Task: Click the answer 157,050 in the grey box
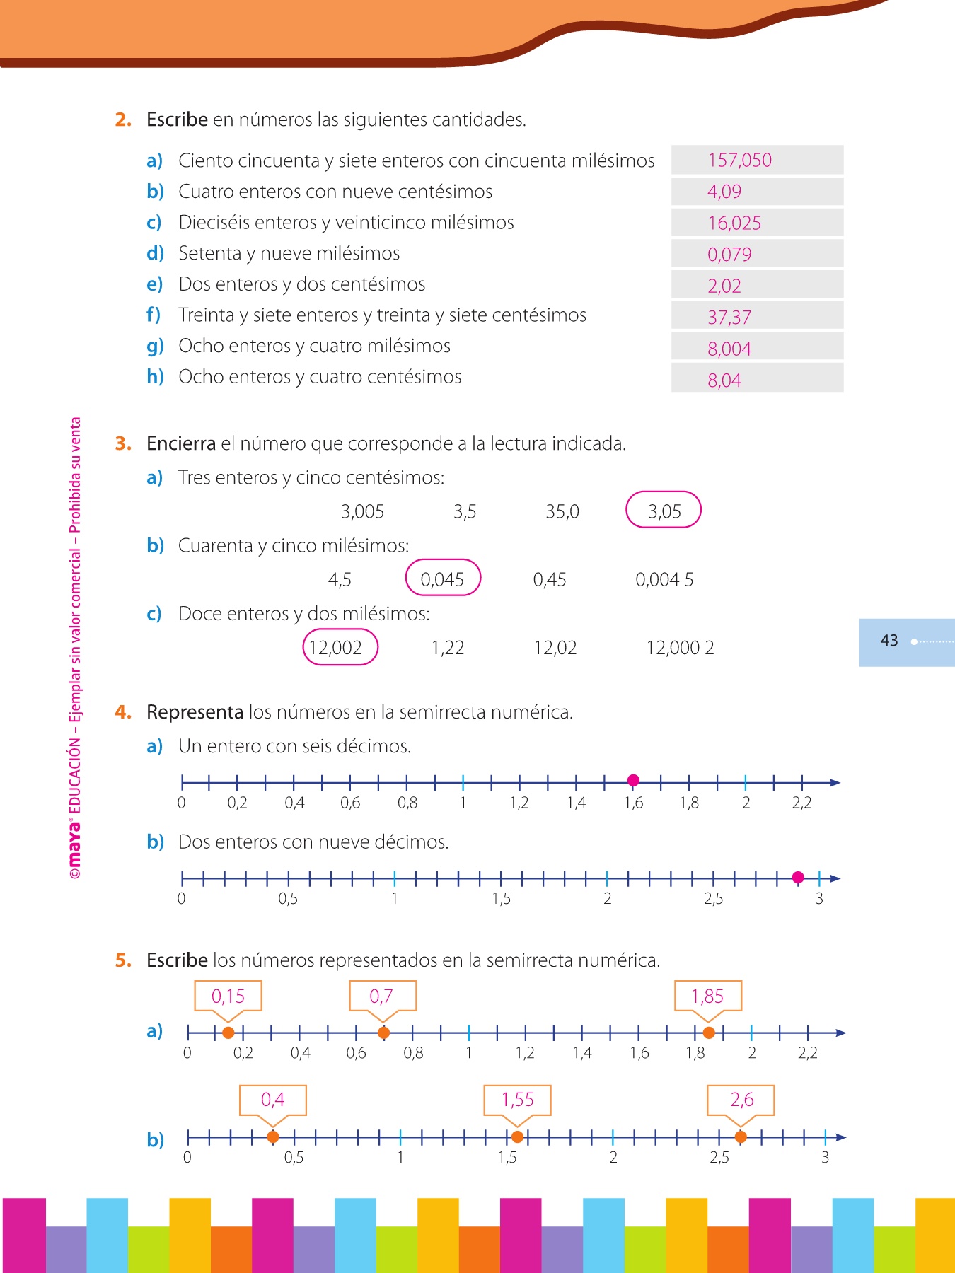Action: pyautogui.click(x=740, y=161)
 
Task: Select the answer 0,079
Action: pyautogui.click(x=729, y=255)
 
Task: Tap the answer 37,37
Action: pyautogui.click(x=729, y=318)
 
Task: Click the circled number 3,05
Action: pyautogui.click(x=664, y=511)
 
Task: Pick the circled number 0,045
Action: pyautogui.click(x=443, y=579)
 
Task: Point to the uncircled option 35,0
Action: pyautogui.click(x=562, y=511)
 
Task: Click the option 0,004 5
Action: pyautogui.click(x=664, y=580)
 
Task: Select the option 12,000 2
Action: pyautogui.click(x=680, y=648)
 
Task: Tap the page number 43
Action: pyautogui.click(x=889, y=641)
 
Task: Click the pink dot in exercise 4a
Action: pyautogui.click(x=633, y=780)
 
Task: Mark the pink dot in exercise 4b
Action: pyautogui.click(x=798, y=878)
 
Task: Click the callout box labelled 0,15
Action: pyautogui.click(x=228, y=996)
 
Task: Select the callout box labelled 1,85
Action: pyautogui.click(x=707, y=996)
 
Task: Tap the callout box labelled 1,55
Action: pyautogui.click(x=517, y=1100)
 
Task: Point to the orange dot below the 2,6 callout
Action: pyautogui.click(x=741, y=1137)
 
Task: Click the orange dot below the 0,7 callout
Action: pyautogui.click(x=383, y=1033)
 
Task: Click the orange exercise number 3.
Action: pyautogui.click(x=123, y=444)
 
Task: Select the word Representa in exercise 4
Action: pyautogui.click(x=195, y=712)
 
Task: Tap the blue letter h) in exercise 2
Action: pyautogui.click(x=155, y=377)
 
